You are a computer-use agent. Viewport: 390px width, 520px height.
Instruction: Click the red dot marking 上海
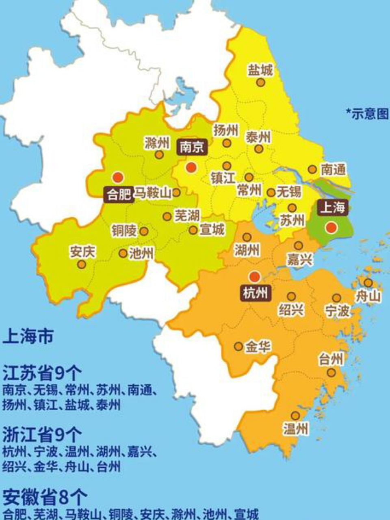coord(332,227)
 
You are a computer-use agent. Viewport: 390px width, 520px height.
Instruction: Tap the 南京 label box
coord(191,147)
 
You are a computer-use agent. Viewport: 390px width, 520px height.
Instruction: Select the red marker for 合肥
coord(118,177)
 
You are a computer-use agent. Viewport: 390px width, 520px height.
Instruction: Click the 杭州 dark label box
coord(255,292)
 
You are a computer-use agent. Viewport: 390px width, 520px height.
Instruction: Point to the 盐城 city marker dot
coord(260,82)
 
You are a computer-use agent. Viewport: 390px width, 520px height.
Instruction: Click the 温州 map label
coord(296,429)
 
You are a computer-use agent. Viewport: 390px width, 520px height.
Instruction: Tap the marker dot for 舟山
coord(368,283)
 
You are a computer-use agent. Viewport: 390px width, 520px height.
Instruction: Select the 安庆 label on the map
coord(82,251)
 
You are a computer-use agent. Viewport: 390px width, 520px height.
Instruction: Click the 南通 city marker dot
coord(312,169)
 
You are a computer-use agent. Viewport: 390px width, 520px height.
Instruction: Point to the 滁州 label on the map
coord(157,143)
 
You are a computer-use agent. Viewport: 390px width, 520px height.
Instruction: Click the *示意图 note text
coord(367,114)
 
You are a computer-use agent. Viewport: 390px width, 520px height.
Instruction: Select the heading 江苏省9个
coord(42,372)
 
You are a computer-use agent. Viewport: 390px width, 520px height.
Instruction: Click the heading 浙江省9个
coord(42,434)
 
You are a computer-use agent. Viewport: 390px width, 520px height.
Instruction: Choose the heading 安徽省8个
coord(45,496)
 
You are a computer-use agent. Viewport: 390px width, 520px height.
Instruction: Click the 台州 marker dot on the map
coord(331,372)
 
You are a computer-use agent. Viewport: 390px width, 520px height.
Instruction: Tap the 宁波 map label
coord(337,311)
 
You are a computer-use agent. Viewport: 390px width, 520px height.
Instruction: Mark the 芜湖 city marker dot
coord(167,217)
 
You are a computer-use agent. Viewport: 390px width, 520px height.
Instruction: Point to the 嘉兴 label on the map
coord(299,259)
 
